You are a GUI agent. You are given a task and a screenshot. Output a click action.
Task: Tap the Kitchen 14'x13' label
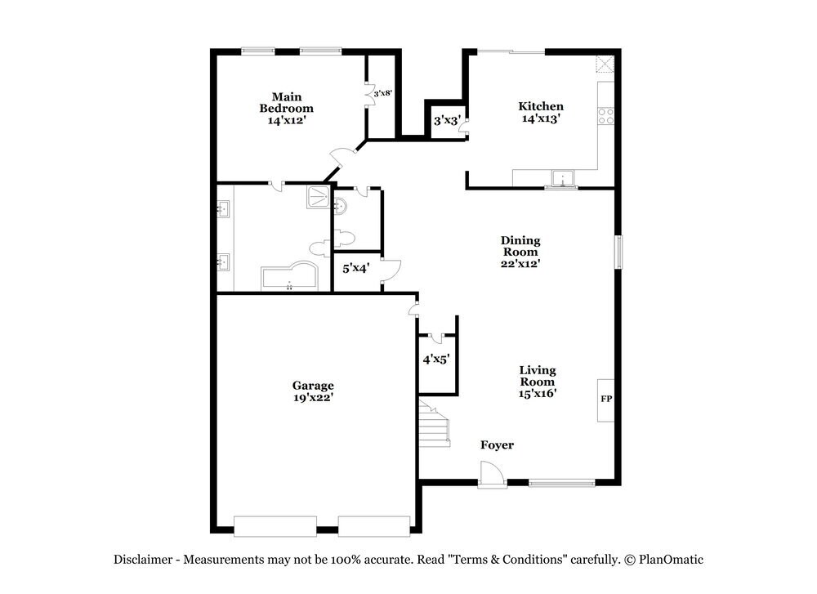click(541, 112)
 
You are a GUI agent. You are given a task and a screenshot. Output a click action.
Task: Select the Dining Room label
click(520, 252)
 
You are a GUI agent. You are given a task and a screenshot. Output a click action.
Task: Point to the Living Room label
click(538, 382)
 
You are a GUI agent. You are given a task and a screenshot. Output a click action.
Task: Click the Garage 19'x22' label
click(313, 391)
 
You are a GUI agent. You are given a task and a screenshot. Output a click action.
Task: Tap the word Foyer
click(497, 445)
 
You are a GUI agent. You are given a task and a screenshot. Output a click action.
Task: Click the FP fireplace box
click(606, 400)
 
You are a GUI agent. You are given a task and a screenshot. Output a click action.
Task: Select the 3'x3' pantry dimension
click(445, 120)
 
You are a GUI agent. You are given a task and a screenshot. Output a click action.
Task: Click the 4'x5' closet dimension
click(436, 358)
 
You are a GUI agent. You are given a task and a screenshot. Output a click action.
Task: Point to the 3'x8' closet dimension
click(382, 93)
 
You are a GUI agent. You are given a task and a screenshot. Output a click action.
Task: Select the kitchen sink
click(563, 178)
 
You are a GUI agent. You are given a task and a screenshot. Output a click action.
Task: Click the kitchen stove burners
click(606, 116)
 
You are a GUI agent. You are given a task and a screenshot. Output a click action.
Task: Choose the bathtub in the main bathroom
click(289, 277)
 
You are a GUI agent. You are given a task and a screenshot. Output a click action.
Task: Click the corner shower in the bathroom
click(319, 197)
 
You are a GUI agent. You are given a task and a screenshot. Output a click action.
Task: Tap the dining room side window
click(618, 252)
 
